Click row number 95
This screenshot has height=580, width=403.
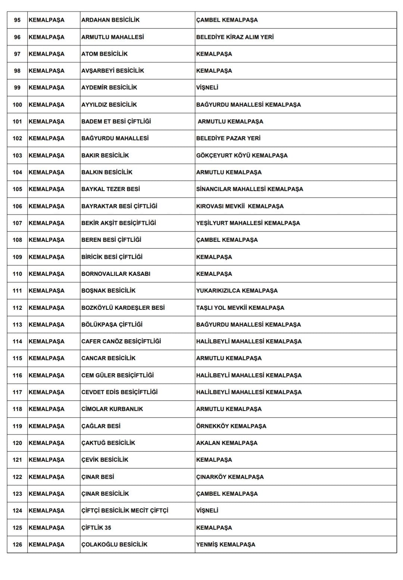coord(17,20)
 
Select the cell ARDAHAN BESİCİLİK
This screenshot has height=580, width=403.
coord(110,20)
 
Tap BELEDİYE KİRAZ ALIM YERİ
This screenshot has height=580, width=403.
coord(235,37)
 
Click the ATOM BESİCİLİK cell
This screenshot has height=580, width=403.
coord(104,54)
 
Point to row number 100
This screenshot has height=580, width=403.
coord(17,105)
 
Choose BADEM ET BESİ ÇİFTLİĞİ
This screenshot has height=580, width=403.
coord(116,122)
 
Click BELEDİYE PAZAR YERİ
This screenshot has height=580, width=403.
coord(228,138)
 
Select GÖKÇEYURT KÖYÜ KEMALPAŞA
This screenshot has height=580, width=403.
coord(242,155)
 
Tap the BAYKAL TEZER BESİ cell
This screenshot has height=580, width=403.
coord(110,189)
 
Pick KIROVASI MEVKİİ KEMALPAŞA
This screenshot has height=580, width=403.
coord(240,206)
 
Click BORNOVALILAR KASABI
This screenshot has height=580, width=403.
coord(116,274)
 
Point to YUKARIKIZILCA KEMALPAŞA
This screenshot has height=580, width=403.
coord(237,291)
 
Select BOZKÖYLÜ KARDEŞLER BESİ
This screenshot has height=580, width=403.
coord(123,308)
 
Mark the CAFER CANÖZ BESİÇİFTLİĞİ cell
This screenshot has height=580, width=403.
coord(121,341)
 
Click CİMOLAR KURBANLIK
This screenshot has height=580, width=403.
coord(112,409)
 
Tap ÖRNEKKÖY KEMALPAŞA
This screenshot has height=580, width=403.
coord(231,426)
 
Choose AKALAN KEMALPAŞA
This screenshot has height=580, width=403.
coord(227,443)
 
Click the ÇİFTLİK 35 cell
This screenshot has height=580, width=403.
coord(96,528)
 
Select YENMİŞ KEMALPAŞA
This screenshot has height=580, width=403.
coord(226,545)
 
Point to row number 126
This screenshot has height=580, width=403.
coord(17,545)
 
